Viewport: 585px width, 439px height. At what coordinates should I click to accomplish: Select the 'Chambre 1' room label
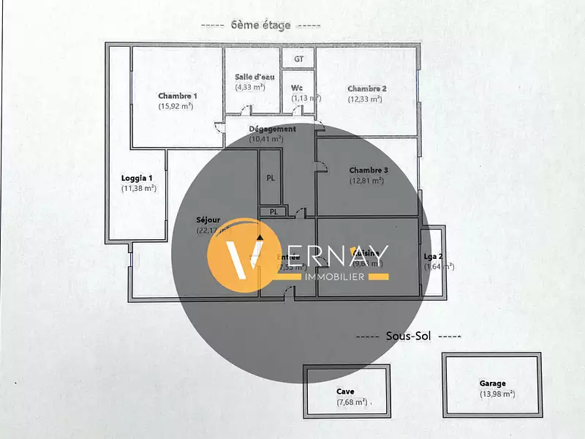pyautogui.click(x=178, y=96)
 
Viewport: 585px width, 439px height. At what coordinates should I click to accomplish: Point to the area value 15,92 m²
pyautogui.click(x=176, y=106)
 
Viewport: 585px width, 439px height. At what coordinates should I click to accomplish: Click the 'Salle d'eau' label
pyautogui.click(x=252, y=77)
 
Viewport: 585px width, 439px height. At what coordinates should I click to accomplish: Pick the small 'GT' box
pyautogui.click(x=298, y=59)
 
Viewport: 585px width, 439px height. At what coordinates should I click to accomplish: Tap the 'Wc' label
pyautogui.click(x=297, y=88)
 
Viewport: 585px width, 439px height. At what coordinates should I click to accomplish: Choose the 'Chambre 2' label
pyautogui.click(x=367, y=89)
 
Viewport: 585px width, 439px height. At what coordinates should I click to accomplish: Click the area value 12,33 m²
pyautogui.click(x=366, y=99)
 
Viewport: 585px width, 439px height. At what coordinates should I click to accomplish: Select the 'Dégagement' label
pyautogui.click(x=272, y=129)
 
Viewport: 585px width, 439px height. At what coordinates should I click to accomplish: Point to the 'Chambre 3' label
pyautogui.click(x=369, y=170)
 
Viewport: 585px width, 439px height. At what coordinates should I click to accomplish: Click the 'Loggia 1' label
pyautogui.click(x=137, y=178)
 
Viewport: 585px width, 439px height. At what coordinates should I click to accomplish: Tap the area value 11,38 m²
pyautogui.click(x=139, y=188)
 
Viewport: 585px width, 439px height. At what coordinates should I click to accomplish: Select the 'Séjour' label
pyautogui.click(x=208, y=220)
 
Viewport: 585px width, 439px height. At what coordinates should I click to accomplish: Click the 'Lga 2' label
pyautogui.click(x=434, y=256)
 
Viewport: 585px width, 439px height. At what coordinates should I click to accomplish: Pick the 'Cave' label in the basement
pyautogui.click(x=347, y=391)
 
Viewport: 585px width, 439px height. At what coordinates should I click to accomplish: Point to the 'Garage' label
pyautogui.click(x=492, y=383)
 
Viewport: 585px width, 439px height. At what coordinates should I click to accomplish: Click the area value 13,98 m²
pyautogui.click(x=497, y=394)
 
